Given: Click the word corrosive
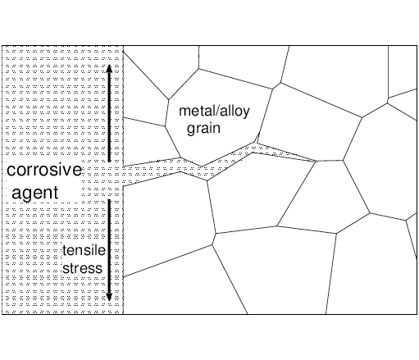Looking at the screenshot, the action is coord(44,170).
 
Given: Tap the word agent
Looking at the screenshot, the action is coord(35,193).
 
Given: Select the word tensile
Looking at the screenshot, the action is coord(84,250).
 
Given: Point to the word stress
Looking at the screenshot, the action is coord(82,268).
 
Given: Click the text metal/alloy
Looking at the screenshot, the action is coord(214,111).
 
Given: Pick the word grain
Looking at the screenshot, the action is coord(203,129).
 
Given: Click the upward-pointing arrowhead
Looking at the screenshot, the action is coord(109,68).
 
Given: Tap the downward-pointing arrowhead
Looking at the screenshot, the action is coord(109,297).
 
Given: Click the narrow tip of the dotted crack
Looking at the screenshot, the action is coord(316,161).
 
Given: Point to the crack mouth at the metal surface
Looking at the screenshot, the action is coord(124,176).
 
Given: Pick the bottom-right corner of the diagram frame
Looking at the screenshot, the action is coord(417,314).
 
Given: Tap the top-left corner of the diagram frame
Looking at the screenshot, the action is coord(2,46).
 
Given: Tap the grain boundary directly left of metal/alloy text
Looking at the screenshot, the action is coord(166,113).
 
